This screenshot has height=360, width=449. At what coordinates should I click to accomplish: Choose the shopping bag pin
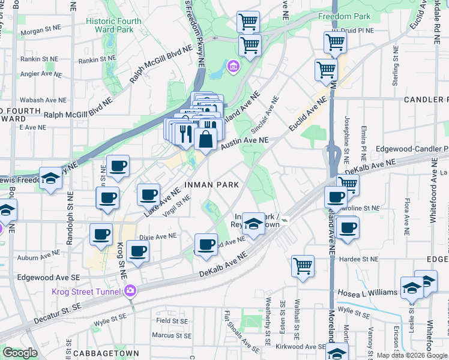205,139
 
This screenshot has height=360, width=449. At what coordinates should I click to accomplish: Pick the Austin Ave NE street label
244,143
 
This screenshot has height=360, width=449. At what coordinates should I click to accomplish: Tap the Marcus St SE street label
172,336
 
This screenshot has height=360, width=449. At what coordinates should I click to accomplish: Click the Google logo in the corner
20,353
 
